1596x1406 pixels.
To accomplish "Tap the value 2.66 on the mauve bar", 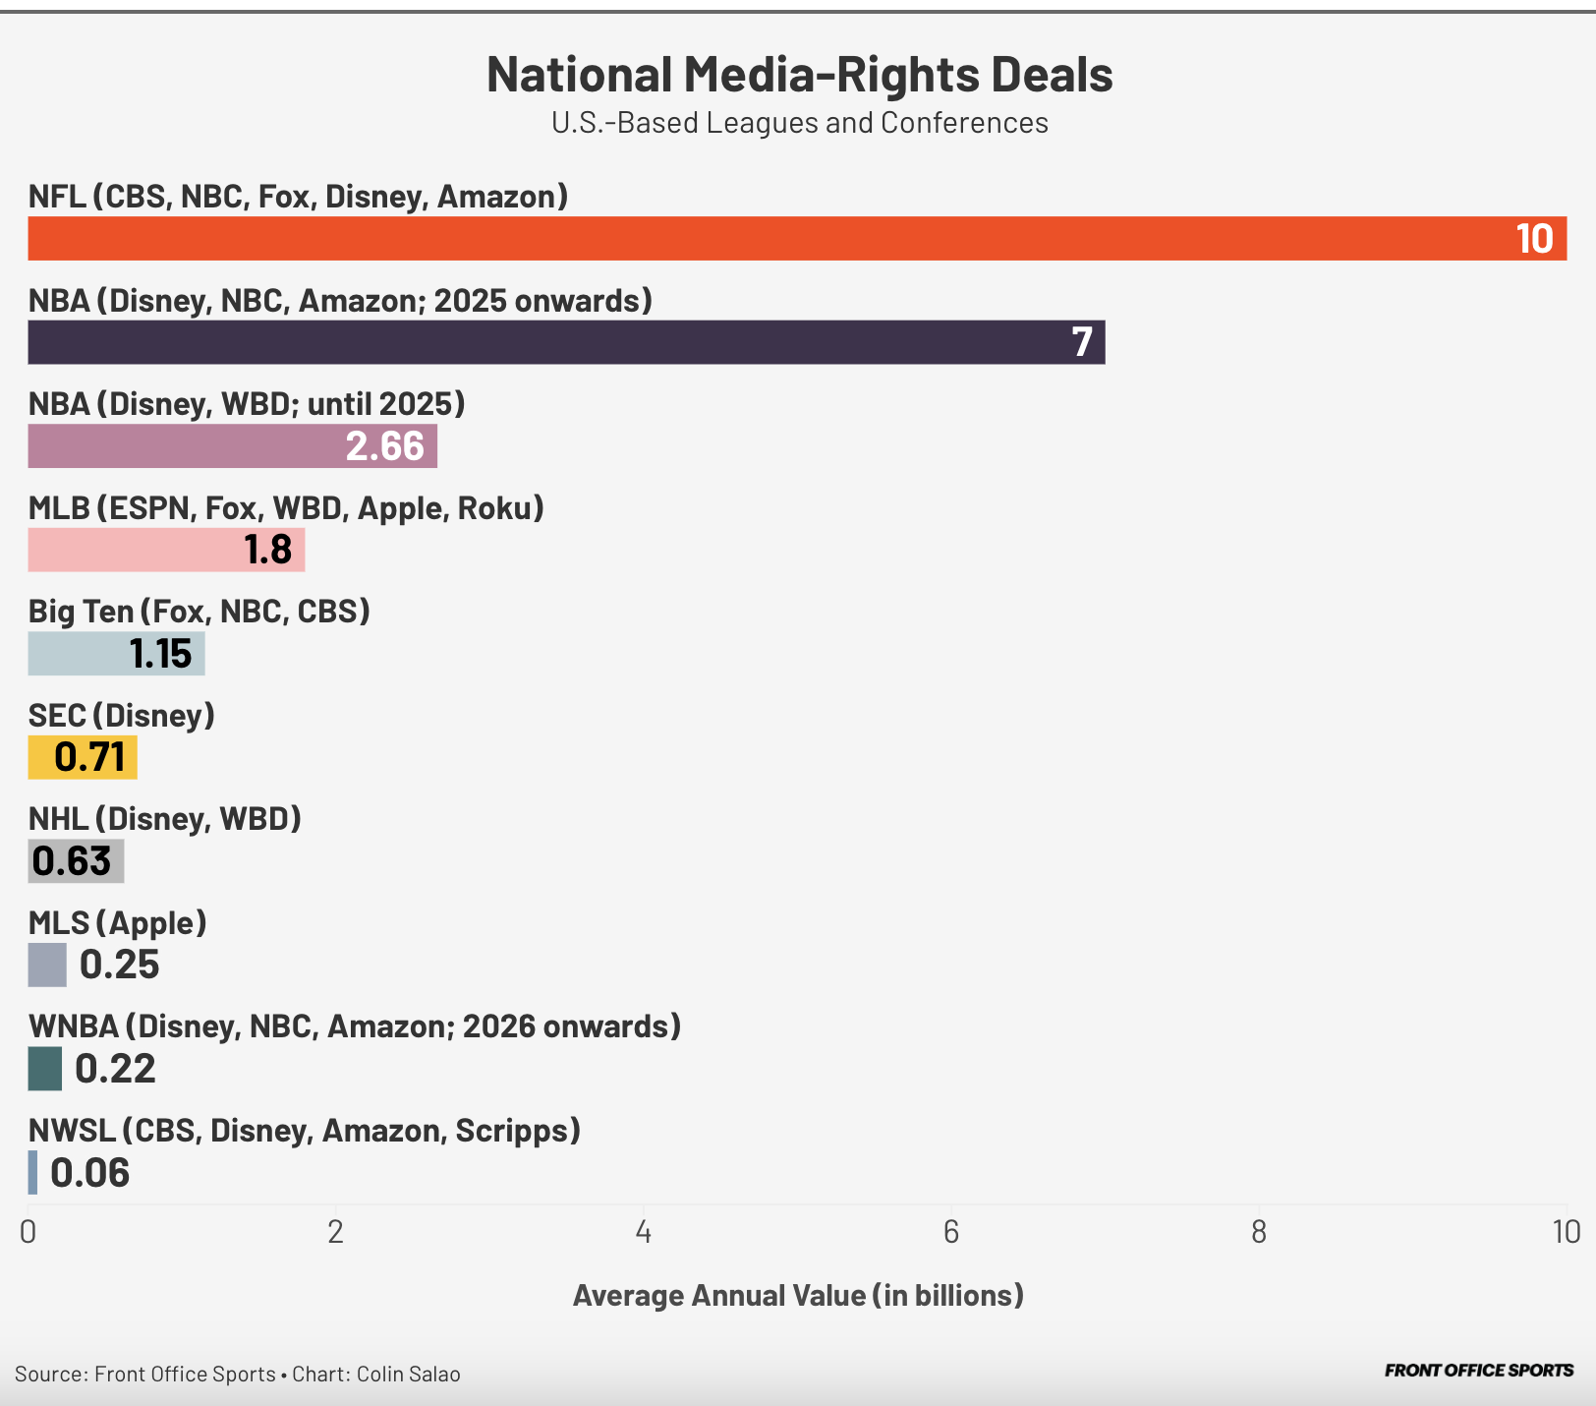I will click(x=384, y=446).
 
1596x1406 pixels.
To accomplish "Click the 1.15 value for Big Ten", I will click(x=160, y=654).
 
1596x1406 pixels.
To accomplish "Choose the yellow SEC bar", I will click(x=83, y=757).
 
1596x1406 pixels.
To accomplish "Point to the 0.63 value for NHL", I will click(x=72, y=861).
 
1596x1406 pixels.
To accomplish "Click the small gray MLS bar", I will click(x=47, y=965).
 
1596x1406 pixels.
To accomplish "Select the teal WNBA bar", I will click(x=44, y=1069).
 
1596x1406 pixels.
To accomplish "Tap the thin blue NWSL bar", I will click(x=32, y=1172).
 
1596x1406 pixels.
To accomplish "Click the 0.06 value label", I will click(x=89, y=1173).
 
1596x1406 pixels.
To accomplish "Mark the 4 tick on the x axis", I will click(x=644, y=1232).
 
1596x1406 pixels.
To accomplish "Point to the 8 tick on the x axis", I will click(x=1259, y=1232).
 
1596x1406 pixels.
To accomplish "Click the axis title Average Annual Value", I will click(x=798, y=1295).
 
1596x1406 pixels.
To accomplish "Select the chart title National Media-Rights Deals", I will click(x=799, y=75).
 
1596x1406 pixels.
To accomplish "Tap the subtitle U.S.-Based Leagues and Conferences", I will click(x=799, y=123).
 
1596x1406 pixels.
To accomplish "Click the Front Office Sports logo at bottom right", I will click(x=1478, y=1371).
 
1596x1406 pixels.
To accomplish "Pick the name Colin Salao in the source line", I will click(x=408, y=1374).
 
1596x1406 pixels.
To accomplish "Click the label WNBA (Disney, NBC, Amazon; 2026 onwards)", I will click(x=354, y=1026).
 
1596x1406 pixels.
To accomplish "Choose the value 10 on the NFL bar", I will click(x=1533, y=239).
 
